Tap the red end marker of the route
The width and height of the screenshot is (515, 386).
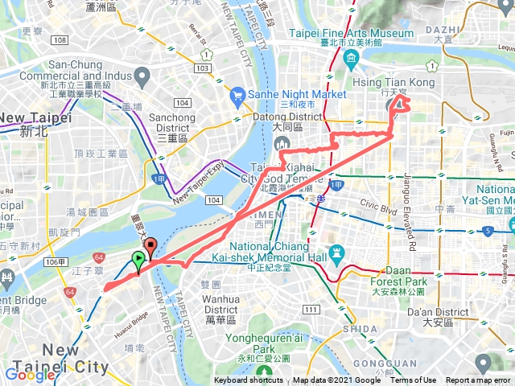pyautogui.click(x=150, y=245)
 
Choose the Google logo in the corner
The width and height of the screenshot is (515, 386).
pyautogui.click(x=30, y=374)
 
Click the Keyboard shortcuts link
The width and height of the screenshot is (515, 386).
pyautogui.click(x=249, y=380)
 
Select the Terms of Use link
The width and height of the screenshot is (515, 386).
pyautogui.click(x=414, y=380)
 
